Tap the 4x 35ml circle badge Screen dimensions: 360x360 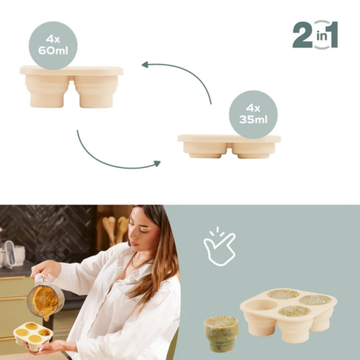tap(253, 114)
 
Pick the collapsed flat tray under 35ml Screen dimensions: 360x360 tap(229, 145)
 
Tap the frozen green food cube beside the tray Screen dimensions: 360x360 tap(220, 333)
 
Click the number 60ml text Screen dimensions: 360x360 tap(53, 51)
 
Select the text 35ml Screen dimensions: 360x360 tap(253, 121)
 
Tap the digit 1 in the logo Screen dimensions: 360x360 tap(330, 35)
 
